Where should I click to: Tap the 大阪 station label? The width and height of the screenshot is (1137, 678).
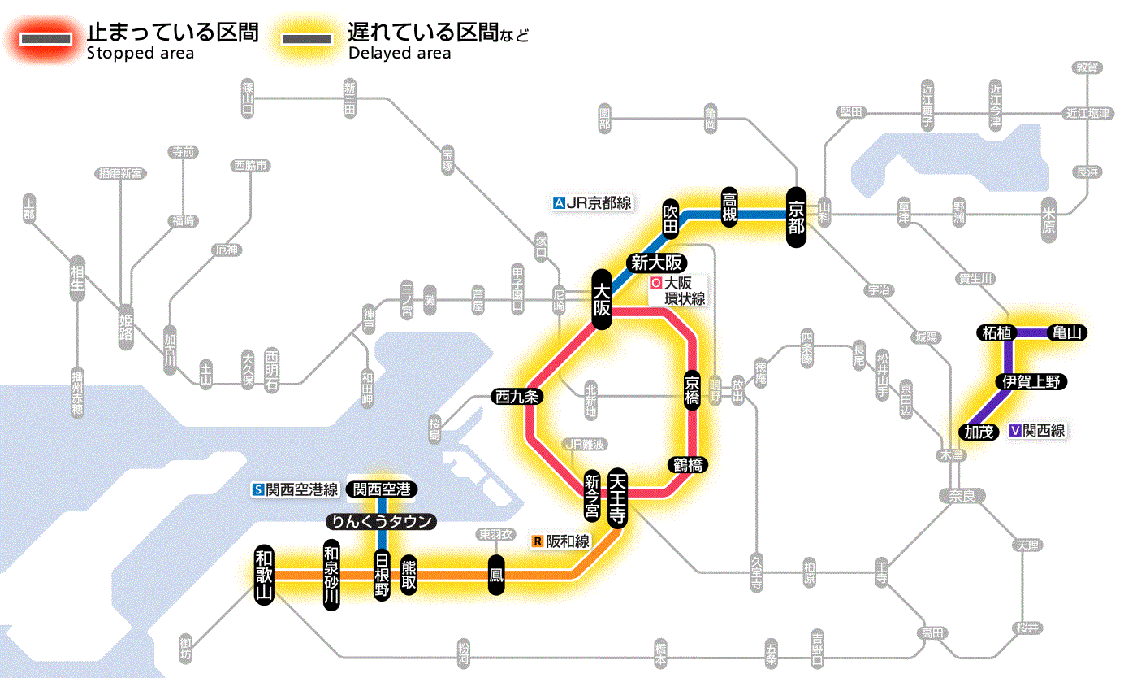pyautogui.click(x=601, y=299)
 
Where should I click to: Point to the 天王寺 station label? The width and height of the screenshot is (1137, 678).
pyautogui.click(x=616, y=498)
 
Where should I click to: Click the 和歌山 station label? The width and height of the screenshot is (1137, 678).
pyautogui.click(x=264, y=574)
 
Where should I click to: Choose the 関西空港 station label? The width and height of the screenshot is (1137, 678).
pyautogui.click(x=382, y=489)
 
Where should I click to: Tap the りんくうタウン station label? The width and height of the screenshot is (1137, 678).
pyautogui.click(x=381, y=522)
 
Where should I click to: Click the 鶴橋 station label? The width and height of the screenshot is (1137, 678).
pyautogui.click(x=687, y=465)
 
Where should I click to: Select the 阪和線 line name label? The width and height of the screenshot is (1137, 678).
pyautogui.click(x=562, y=541)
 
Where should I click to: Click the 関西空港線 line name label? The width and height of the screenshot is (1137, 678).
pyautogui.click(x=296, y=489)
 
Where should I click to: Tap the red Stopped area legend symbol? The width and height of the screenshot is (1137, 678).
pyautogui.click(x=48, y=39)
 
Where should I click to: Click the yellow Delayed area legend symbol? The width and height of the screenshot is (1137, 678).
pyautogui.click(x=307, y=39)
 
